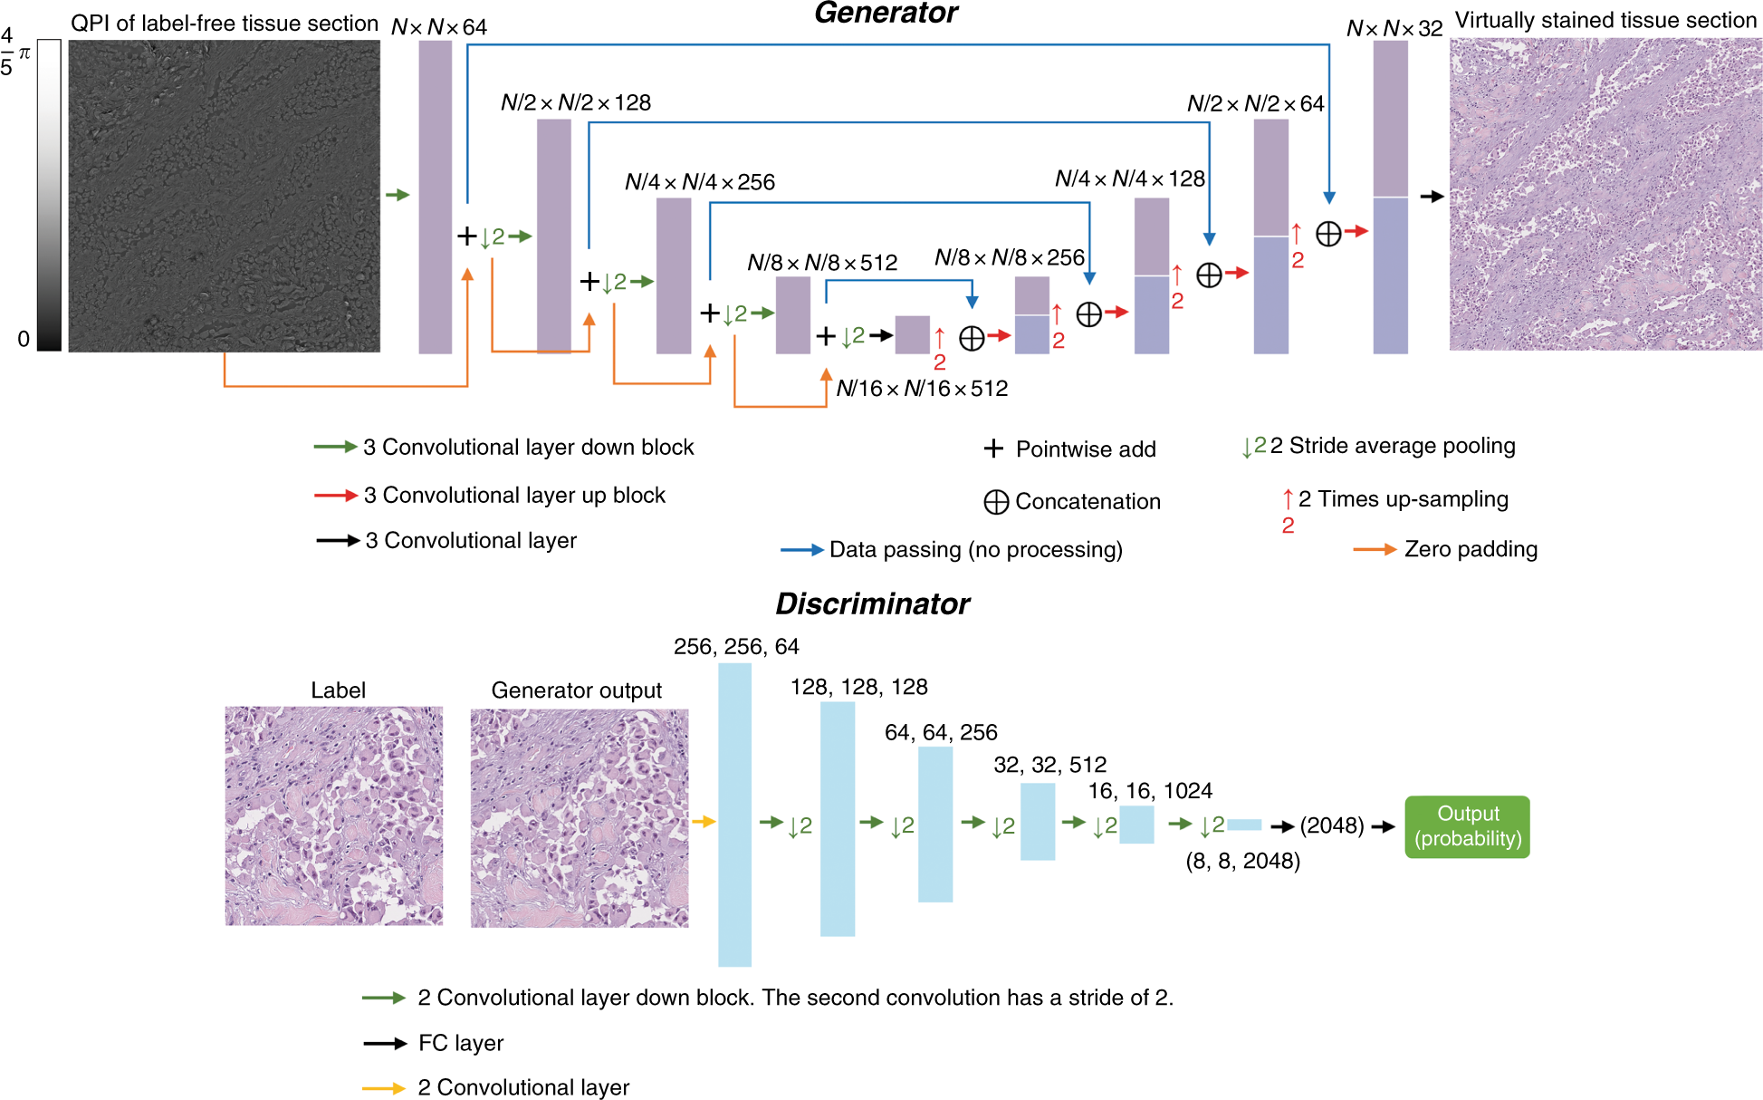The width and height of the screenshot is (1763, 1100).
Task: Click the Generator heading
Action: (886, 13)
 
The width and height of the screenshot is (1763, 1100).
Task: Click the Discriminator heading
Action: (872, 603)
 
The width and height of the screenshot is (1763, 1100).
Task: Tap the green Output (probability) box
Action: (1467, 826)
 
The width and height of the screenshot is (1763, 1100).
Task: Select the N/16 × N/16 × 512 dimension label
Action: (922, 389)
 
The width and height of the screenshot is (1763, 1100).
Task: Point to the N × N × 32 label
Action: (1394, 28)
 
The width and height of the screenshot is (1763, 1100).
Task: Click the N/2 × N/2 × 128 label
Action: (576, 102)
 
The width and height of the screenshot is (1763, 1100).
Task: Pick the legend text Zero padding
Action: (1471, 549)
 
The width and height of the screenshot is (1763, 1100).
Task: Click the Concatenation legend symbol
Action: (996, 502)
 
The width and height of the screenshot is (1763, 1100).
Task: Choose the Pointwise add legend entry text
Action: (1086, 449)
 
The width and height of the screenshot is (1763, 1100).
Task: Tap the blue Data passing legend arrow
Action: (801, 550)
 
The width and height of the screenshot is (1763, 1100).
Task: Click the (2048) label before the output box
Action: (1331, 825)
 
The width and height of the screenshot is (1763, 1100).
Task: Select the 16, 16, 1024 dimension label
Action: (1150, 791)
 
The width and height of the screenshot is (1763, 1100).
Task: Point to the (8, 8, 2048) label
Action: (1242, 861)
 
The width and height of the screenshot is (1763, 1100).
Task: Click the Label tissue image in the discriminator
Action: (334, 815)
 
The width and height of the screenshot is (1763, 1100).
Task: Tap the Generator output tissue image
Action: (580, 817)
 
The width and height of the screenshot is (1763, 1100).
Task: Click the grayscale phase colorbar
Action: (50, 195)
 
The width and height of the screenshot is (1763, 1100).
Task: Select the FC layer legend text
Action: (460, 1043)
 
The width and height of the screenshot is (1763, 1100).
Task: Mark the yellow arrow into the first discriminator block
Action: (704, 822)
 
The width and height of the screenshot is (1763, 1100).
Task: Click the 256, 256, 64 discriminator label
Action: (736, 646)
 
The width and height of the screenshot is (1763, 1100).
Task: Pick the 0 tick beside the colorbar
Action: (24, 339)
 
